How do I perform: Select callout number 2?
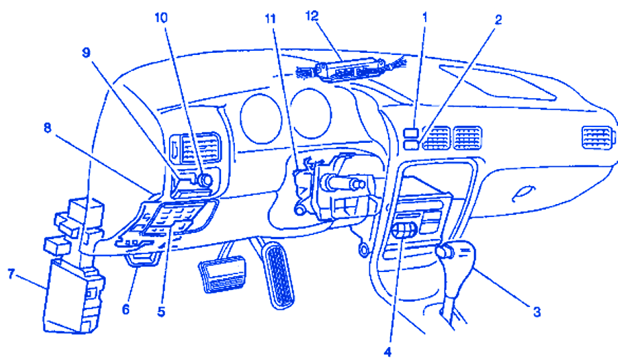tap(497, 19)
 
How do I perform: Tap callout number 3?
tap(537, 313)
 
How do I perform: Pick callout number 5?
tap(161, 311)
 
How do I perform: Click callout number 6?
tap(125, 309)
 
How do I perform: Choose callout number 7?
tap(11, 275)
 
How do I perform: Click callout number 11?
tap(269, 19)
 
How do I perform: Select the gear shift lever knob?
tap(446, 252)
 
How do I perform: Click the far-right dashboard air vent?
tap(595, 137)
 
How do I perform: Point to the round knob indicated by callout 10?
tap(204, 179)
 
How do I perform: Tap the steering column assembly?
tap(336, 185)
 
